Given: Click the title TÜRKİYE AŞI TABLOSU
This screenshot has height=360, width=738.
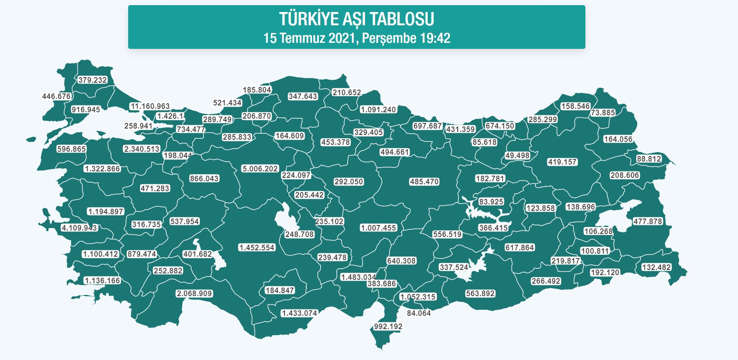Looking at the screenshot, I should pyautogui.click(x=357, y=19).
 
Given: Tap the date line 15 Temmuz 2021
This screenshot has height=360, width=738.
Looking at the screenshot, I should pyautogui.click(x=357, y=38).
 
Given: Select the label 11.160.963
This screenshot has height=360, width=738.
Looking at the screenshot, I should pyautogui.click(x=150, y=106).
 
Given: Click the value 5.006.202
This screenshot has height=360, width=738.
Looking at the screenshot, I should pyautogui.click(x=260, y=169).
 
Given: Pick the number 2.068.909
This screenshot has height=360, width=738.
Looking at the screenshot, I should pyautogui.click(x=194, y=294).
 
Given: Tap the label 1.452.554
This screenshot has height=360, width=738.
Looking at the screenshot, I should pyautogui.click(x=257, y=248).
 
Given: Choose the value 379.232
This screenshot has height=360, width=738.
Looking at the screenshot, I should pyautogui.click(x=93, y=80).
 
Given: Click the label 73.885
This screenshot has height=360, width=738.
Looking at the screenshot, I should pyautogui.click(x=603, y=113).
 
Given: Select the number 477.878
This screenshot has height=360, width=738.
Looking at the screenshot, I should pyautogui.click(x=648, y=222).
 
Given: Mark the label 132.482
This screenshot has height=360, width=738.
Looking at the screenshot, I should pyautogui.click(x=656, y=267).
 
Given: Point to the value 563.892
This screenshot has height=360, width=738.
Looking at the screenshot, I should pyautogui.click(x=480, y=294).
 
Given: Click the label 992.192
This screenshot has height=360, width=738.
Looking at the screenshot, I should pyautogui.click(x=388, y=327).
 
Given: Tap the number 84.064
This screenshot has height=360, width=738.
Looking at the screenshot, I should pyautogui.click(x=419, y=313).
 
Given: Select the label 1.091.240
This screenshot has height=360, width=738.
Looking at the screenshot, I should pyautogui.click(x=378, y=110).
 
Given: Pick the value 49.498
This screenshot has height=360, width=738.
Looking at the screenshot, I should pyautogui.click(x=517, y=156).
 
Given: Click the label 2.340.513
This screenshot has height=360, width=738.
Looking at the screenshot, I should pyautogui.click(x=141, y=149).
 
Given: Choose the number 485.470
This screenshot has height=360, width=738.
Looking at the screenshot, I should pyautogui.click(x=424, y=182).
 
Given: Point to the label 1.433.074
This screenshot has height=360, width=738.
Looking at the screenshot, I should pyautogui.click(x=299, y=313).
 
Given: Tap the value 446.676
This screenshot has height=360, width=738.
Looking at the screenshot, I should pyautogui.click(x=56, y=96).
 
